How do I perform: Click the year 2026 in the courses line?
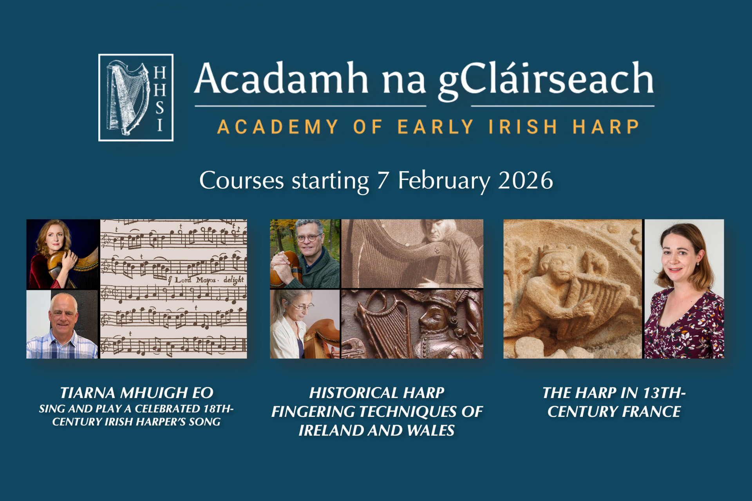coord(525,180)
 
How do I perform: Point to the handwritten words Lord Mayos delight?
coord(209,280)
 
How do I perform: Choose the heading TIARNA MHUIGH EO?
coord(136,393)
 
